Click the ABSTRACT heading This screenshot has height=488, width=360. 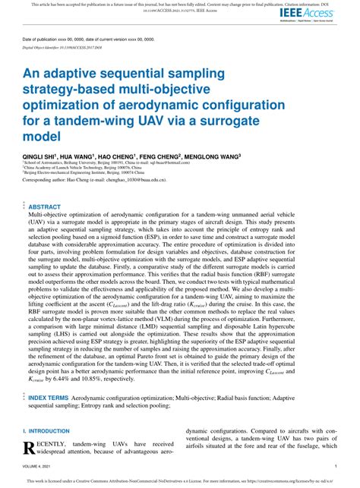coord(44,206)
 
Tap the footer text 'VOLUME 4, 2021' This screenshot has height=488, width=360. coord(37,467)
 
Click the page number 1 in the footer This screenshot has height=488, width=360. coord(335,467)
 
